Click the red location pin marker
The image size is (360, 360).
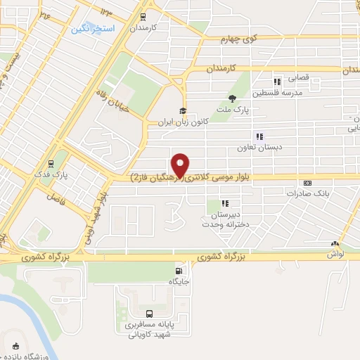click(181, 164)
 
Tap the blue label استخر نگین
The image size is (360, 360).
click(89, 30)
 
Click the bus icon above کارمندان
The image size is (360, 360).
click(143, 17)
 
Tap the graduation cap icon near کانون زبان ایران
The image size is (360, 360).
click(182, 111)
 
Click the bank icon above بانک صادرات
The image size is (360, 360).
click(307, 182)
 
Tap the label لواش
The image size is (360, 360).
click(335, 254)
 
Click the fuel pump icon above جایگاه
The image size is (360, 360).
click(179, 271)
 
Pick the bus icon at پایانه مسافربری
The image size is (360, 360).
click(148, 314)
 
